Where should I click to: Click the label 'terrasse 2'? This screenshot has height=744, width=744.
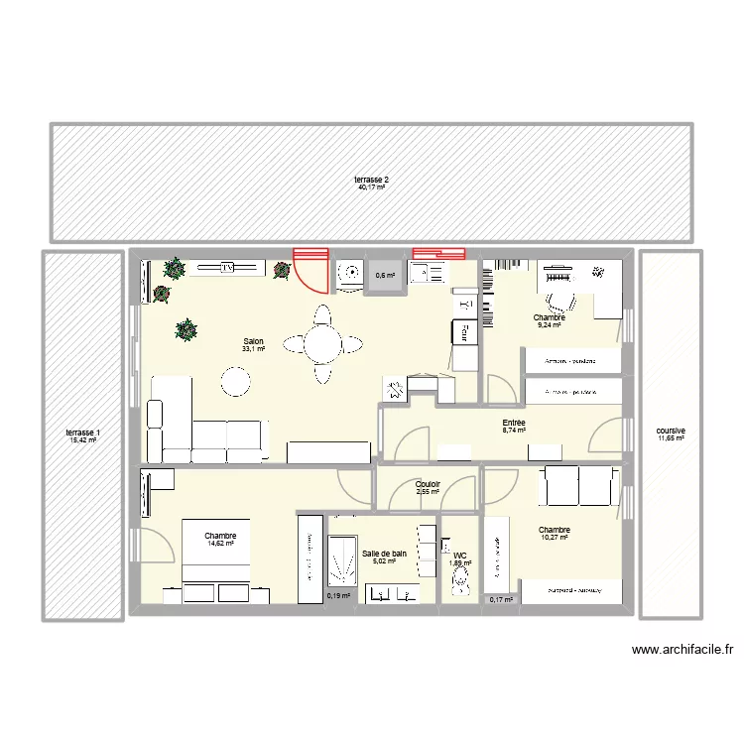(372, 180)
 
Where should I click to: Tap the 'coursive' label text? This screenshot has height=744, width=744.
(671, 432)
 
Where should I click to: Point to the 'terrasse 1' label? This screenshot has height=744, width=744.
(81, 434)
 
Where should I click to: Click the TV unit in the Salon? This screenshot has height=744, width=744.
(226, 267)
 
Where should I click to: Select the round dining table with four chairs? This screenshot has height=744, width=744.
(321, 344)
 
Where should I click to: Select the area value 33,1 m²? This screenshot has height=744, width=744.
(253, 348)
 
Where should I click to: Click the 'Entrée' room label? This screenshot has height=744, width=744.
(514, 424)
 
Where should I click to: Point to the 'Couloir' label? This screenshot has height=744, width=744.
(429, 484)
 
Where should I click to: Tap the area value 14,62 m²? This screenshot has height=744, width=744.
(221, 544)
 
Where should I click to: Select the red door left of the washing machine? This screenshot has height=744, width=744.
(310, 268)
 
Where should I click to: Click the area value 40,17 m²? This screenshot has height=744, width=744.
(372, 187)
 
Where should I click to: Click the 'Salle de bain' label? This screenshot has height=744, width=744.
(384, 554)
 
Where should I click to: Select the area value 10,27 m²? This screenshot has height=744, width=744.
(555, 538)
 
